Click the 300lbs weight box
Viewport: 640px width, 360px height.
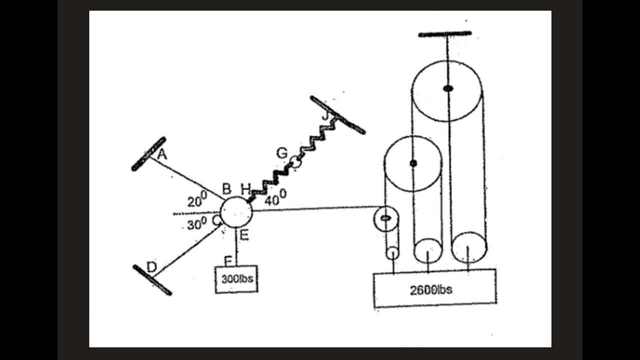pyautogui.click(x=236, y=279)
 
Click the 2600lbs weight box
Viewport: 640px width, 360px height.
pyautogui.click(x=435, y=288)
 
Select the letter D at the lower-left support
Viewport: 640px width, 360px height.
pyautogui.click(x=151, y=267)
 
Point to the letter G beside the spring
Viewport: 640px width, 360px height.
pyautogui.click(x=281, y=153)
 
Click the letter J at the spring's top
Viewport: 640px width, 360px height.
pyautogui.click(x=325, y=115)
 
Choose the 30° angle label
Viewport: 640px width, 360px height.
pyautogui.click(x=196, y=223)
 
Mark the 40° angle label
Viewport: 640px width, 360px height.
pyautogui.click(x=275, y=197)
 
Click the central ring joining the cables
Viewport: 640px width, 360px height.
pyautogui.click(x=236, y=212)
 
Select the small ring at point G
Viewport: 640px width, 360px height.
pyautogui.click(x=295, y=162)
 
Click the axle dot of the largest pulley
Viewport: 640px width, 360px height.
pyautogui.click(x=447, y=88)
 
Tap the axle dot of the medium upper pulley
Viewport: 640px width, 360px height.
pyautogui.click(x=413, y=163)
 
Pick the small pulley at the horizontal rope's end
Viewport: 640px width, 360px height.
pyautogui.click(x=385, y=218)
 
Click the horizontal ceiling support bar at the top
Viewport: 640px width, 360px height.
pyautogui.click(x=445, y=34)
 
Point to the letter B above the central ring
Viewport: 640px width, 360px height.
pyautogui.click(x=226, y=188)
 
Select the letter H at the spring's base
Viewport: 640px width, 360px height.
pyautogui.click(x=245, y=189)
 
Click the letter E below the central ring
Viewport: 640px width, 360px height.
pyautogui.click(x=244, y=235)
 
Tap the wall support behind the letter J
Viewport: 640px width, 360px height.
pyautogui.click(x=337, y=115)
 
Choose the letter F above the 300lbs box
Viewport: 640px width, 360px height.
pyautogui.click(x=228, y=261)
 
